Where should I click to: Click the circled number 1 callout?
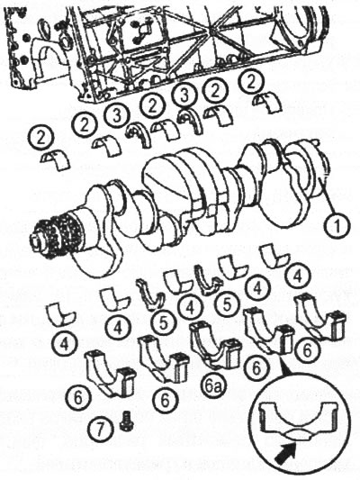click(x=337, y=227)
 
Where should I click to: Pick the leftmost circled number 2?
click(x=40, y=139)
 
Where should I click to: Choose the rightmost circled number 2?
click(x=252, y=82)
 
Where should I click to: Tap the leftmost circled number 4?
click(x=64, y=344)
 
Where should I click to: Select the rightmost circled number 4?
click(x=297, y=277)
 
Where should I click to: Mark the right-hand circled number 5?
click(x=227, y=304)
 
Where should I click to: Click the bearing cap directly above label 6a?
click(x=215, y=345)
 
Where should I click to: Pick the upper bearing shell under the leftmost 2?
click(x=56, y=159)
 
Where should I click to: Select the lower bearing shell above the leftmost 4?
click(x=61, y=315)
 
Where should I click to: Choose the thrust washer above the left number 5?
click(x=151, y=294)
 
